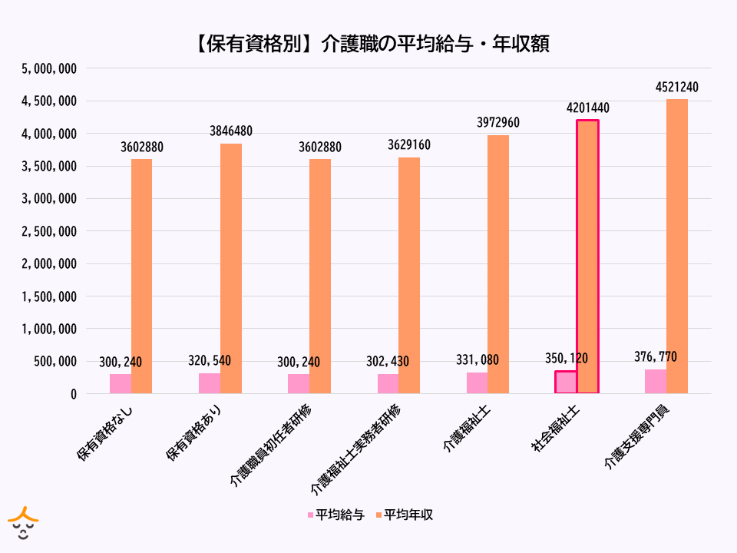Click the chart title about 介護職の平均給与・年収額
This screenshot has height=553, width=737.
click(368, 44)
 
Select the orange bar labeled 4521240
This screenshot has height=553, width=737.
click(677, 246)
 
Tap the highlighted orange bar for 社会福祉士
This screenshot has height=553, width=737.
click(587, 257)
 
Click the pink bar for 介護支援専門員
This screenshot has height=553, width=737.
click(656, 382)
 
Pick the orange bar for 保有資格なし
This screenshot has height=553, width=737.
click(142, 276)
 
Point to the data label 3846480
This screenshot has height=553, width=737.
click(231, 131)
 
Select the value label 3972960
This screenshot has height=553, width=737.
click(498, 123)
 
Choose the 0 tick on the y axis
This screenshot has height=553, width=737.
click(74, 394)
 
